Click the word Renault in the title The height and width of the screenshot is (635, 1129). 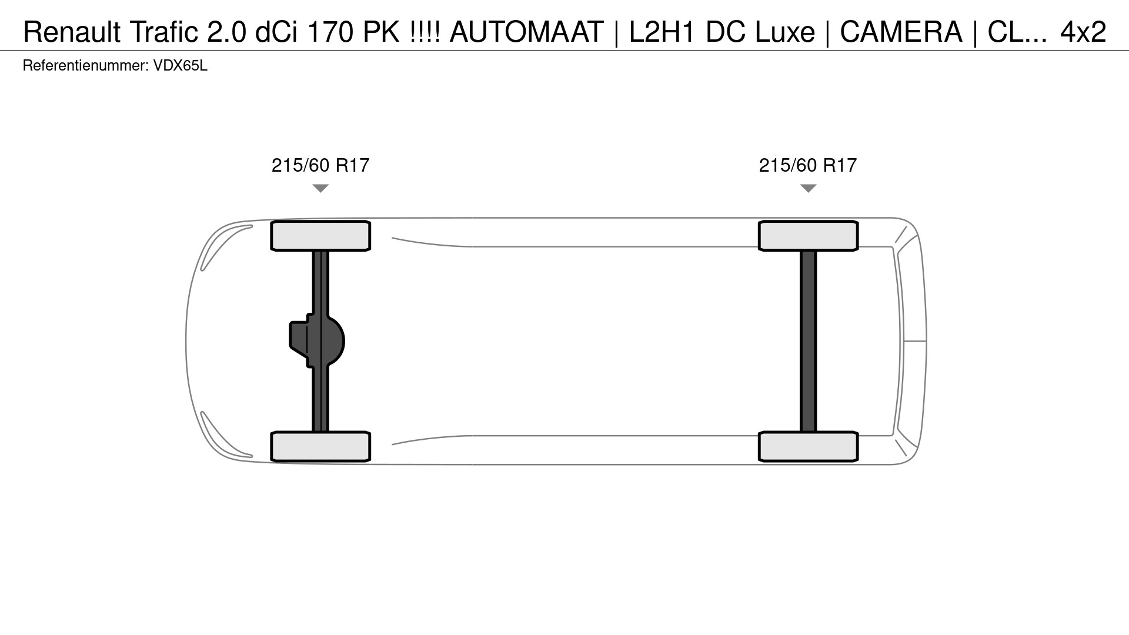click(x=72, y=32)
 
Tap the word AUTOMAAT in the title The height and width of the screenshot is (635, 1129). click(x=526, y=32)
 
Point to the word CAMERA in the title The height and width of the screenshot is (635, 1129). click(x=901, y=32)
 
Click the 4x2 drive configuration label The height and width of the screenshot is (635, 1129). click(x=1083, y=32)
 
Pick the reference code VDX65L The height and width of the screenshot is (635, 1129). click(x=181, y=66)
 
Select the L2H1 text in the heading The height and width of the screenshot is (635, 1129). click(x=663, y=32)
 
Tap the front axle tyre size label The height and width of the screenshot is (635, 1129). click(x=320, y=165)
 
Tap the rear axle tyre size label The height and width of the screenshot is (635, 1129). click(x=808, y=165)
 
